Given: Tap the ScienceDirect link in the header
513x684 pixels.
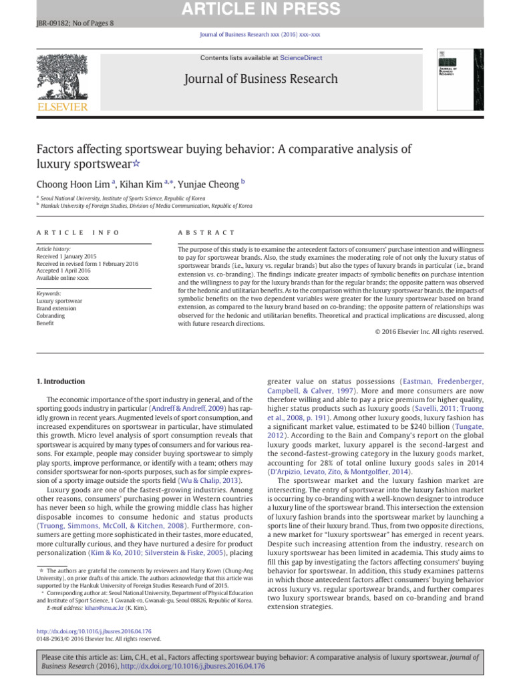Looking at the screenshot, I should click(301, 58).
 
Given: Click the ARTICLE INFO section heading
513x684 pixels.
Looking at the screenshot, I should click(77, 232).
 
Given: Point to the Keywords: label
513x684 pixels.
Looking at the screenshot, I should click(49, 293).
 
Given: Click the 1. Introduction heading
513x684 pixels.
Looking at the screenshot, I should click(60, 381).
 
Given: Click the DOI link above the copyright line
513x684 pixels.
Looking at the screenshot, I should click(94, 631).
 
